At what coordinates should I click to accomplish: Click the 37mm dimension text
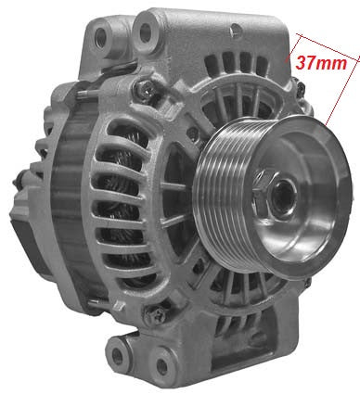(318, 64)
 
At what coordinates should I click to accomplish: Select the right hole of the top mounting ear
(147, 34)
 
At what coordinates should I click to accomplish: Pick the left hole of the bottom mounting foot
(118, 350)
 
